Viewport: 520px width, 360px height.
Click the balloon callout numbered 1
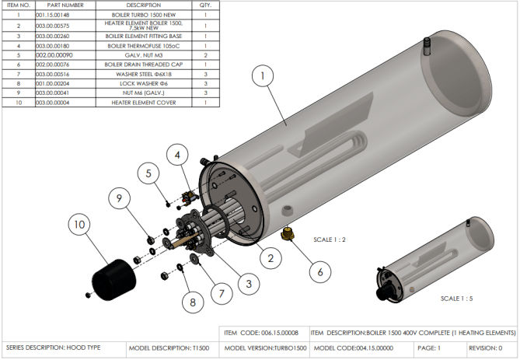263,76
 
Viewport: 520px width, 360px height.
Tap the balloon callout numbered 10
79,224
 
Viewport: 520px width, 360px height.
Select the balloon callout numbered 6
320,272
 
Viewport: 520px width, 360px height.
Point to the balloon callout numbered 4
177,155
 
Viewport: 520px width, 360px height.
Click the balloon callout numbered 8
193,302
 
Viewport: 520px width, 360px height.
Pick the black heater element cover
113,279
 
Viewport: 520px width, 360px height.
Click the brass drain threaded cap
287,233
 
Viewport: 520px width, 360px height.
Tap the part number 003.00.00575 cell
65,26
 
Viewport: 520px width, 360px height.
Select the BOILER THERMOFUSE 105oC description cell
144,46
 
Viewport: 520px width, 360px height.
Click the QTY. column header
205,5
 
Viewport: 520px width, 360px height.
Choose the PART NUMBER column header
65,5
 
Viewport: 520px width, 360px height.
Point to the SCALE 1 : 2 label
330,239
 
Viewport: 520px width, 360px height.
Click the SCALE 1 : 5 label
456,299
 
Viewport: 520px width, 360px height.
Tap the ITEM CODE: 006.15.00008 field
261,333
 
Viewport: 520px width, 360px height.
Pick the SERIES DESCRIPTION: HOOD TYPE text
53,348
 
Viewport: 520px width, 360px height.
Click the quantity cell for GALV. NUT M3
206,55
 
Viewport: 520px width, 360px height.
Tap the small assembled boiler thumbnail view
434,260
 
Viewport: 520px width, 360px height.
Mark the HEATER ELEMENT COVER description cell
144,103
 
